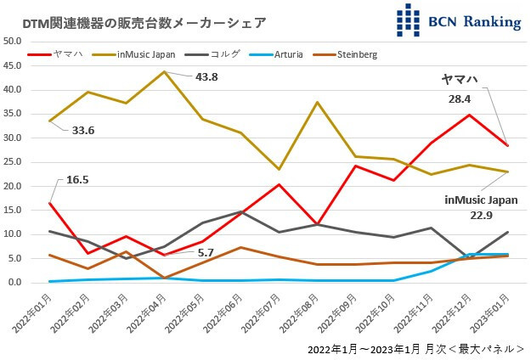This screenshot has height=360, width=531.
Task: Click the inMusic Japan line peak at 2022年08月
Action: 317,102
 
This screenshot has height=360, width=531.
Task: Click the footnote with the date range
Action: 415,349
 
